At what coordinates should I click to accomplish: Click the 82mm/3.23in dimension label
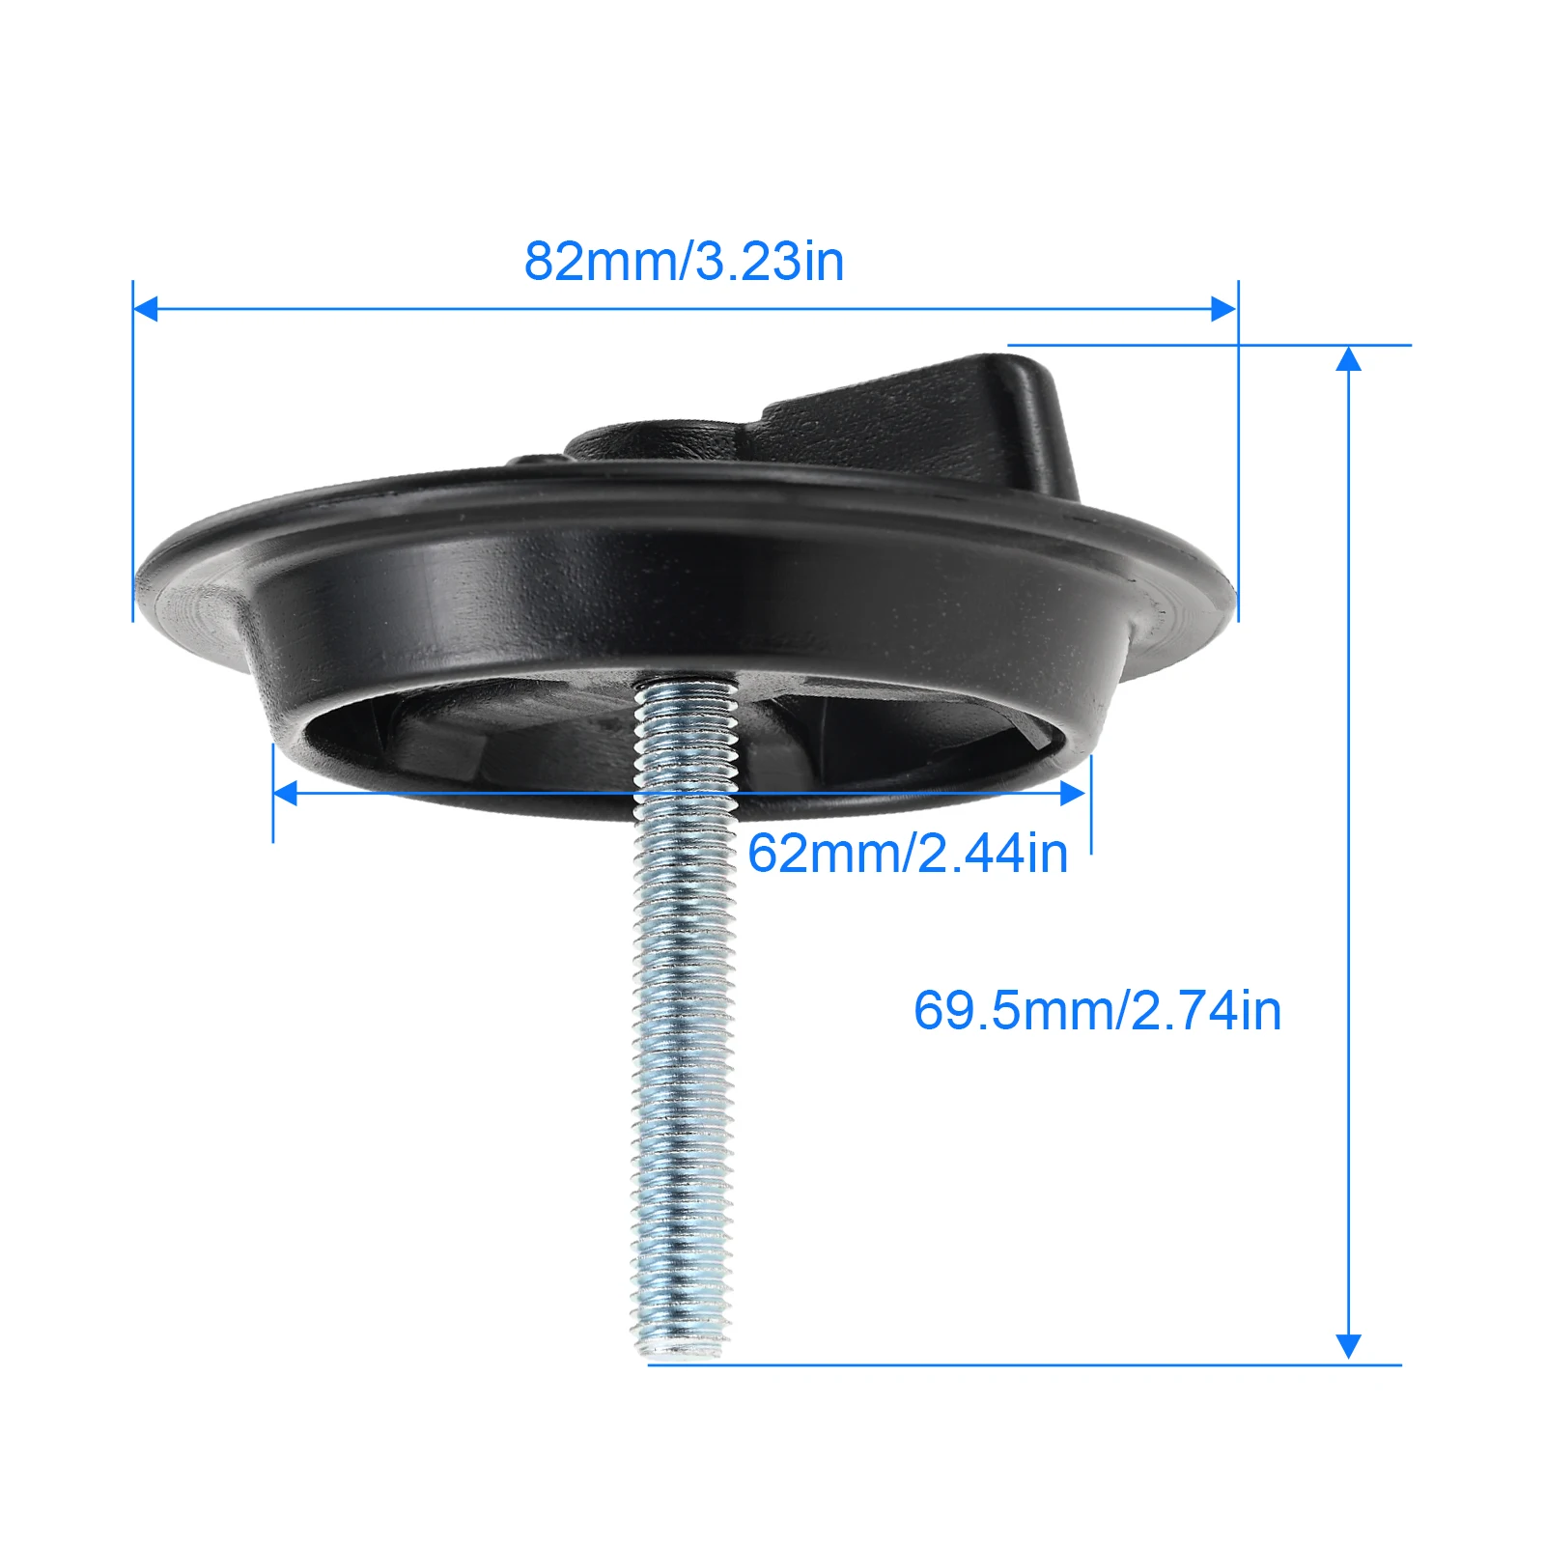[684, 262]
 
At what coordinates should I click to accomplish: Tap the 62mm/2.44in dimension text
[908, 854]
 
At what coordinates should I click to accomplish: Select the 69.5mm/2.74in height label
[1097, 1011]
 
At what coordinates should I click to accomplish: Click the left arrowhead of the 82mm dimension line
[145, 309]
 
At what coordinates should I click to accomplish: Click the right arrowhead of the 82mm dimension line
[1223, 309]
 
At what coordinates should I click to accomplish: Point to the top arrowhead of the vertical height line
[1348, 358]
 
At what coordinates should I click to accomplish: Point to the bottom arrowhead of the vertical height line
[1348, 1346]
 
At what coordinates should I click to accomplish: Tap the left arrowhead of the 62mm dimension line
[286, 794]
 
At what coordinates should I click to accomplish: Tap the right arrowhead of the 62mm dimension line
[1072, 794]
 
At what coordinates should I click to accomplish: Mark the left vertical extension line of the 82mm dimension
[132, 463]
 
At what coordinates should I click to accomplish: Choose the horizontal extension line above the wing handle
[1207, 345]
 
